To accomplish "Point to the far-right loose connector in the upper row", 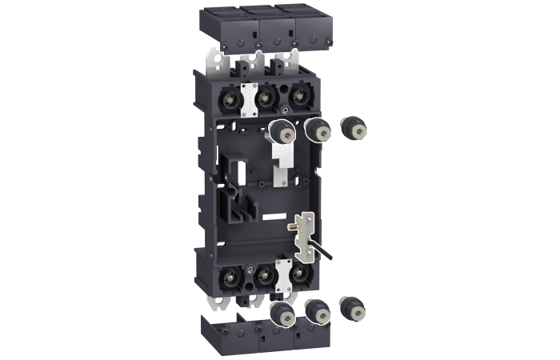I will (350, 127).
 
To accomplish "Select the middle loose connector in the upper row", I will (317, 128).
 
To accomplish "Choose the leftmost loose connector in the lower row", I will (281, 313).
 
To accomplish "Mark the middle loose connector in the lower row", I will (317, 310).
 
